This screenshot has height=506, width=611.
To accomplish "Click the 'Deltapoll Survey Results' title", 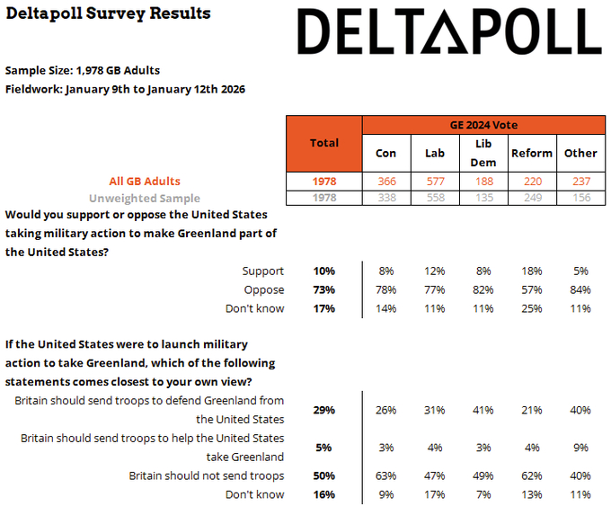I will (x=108, y=13).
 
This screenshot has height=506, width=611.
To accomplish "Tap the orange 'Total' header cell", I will (x=323, y=143).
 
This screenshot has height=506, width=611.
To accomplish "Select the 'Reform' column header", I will (x=531, y=153).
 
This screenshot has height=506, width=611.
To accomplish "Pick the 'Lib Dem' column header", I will (x=483, y=153).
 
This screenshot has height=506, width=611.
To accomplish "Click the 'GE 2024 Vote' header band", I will (x=483, y=125).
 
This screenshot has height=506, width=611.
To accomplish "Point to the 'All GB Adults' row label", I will (x=144, y=182).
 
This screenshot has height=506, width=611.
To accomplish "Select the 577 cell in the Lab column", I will (x=434, y=182).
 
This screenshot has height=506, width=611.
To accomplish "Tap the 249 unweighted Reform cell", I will (x=531, y=198).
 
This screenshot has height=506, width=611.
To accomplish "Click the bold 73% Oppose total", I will (x=323, y=289).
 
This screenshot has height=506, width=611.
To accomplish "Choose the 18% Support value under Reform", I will (x=531, y=271).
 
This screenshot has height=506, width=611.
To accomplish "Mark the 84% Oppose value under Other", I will (x=580, y=289).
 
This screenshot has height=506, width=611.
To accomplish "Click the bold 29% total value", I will (x=323, y=410).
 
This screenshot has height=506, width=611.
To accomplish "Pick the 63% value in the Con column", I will (x=385, y=475).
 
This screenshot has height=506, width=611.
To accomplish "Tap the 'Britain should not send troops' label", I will (x=207, y=475).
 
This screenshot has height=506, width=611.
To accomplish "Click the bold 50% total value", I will (x=323, y=475).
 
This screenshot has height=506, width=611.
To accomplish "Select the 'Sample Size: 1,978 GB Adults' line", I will (x=83, y=70).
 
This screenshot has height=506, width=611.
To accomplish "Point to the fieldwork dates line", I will (x=125, y=89).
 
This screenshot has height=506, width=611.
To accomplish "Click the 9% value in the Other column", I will (x=580, y=448).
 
